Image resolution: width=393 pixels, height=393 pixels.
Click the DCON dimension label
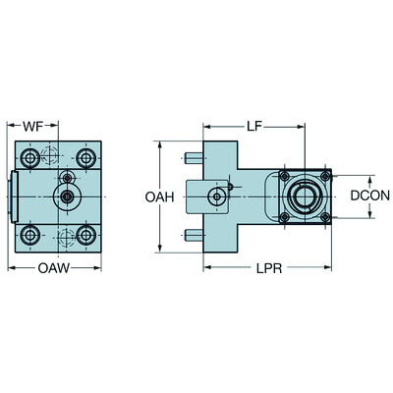tap(370, 196)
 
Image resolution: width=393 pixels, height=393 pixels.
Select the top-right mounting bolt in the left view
tap(87, 158)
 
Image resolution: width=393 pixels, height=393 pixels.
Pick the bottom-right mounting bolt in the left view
tap(87, 234)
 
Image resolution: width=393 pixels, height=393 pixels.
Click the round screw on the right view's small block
tap(215, 197)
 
